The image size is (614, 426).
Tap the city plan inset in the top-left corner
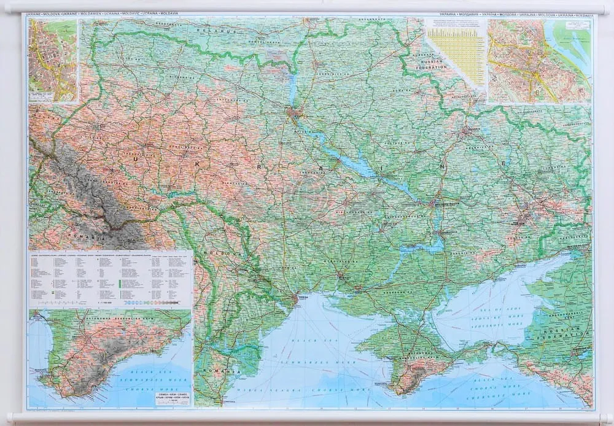pyautogui.click(x=53, y=60)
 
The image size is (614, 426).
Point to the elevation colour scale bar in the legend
pyautogui.click(x=150, y=303)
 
